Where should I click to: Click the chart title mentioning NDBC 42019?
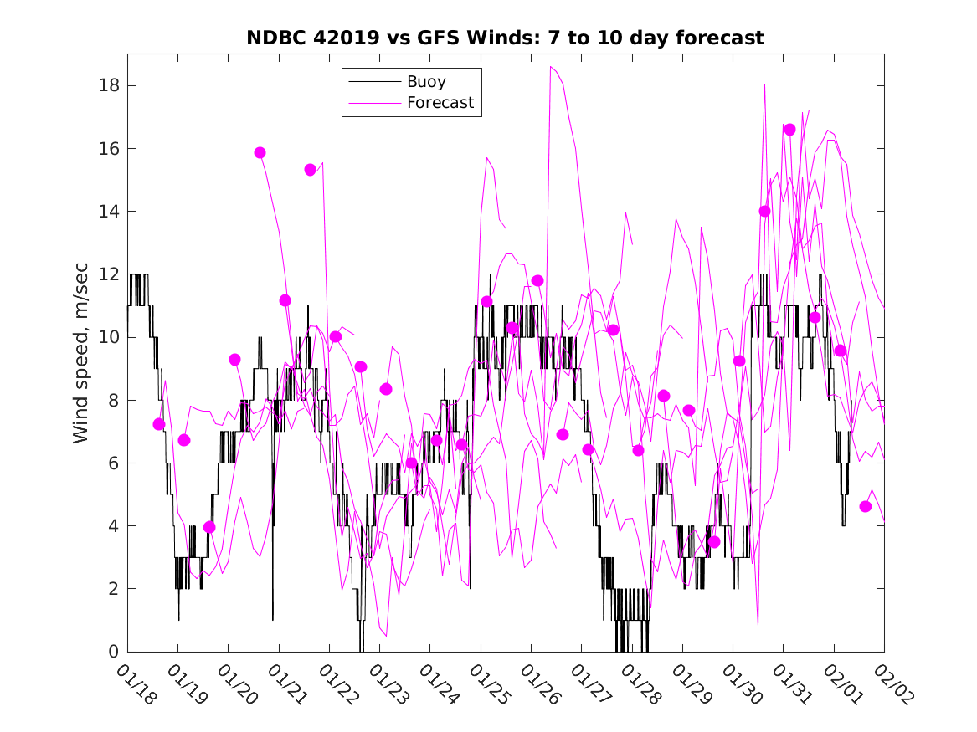tap(505, 38)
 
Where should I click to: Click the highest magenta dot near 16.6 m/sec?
tap(789, 130)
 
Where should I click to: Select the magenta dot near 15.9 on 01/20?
tap(260, 152)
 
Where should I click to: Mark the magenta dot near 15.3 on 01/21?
tap(311, 170)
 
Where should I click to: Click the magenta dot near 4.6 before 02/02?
tap(866, 507)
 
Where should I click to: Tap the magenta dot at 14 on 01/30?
tap(764, 212)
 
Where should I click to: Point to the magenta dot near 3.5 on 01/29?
tap(714, 542)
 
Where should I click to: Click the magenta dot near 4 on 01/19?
tap(209, 527)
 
